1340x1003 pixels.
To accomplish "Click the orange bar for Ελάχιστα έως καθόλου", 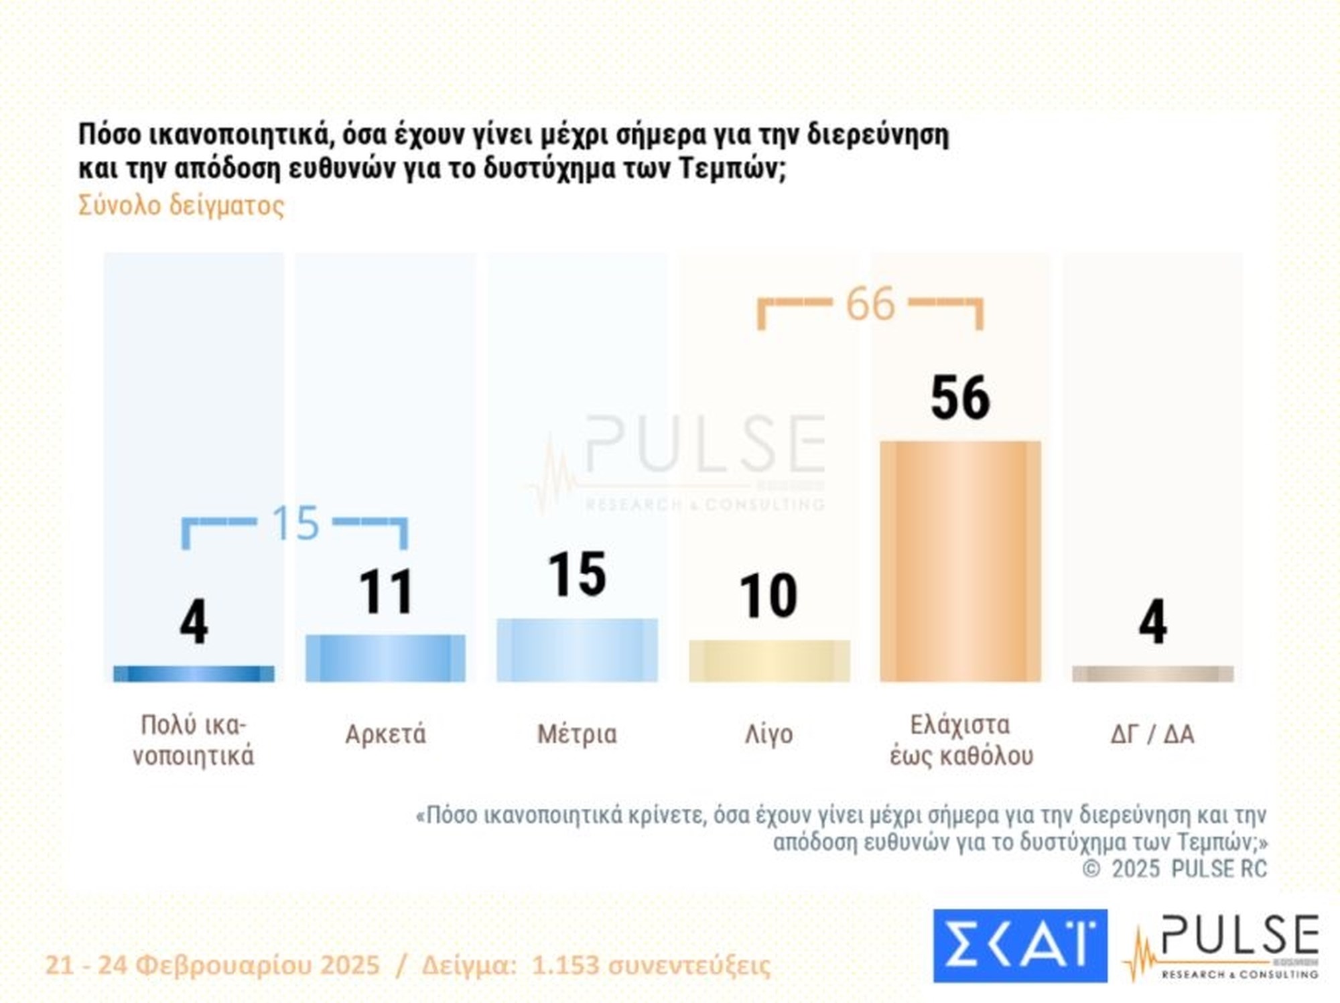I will click(x=960, y=561).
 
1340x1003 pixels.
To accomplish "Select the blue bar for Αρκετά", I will click(x=385, y=658).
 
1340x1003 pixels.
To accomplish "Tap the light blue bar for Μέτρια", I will click(x=577, y=650).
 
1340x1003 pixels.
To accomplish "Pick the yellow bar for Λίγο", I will click(x=769, y=661).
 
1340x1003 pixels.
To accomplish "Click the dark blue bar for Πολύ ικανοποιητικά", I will click(x=194, y=673).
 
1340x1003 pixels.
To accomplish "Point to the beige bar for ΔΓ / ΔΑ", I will click(x=1152, y=673).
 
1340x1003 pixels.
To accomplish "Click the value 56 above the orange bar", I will click(x=960, y=398).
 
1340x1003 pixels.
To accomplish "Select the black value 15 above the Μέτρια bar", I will click(x=577, y=574).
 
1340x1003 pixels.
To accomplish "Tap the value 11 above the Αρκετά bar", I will click(x=385, y=592).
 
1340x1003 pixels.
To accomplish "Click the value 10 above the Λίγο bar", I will click(x=768, y=596).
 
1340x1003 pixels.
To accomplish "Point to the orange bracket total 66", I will click(x=870, y=304).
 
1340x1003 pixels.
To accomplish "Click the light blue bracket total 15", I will click(x=295, y=523).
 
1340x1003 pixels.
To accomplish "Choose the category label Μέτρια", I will click(x=577, y=734).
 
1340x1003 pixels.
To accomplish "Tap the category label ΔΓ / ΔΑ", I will click(x=1152, y=734).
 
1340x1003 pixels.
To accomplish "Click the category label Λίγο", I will click(x=768, y=734).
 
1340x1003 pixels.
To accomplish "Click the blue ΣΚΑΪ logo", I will click(x=1020, y=945).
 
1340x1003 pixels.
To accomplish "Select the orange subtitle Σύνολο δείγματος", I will click(x=181, y=205).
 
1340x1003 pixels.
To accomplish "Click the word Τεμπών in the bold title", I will click(x=728, y=168).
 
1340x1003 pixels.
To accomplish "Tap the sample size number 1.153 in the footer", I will click(x=565, y=965).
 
